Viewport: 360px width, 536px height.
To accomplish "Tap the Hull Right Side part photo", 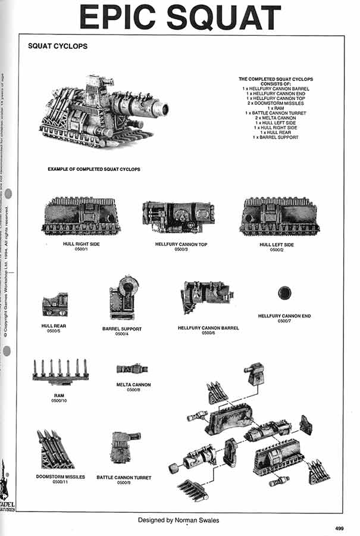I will coord(81,217).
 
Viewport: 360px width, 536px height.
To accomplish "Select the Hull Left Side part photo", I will coord(278,217).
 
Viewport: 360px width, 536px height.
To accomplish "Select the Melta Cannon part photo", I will coord(132,369).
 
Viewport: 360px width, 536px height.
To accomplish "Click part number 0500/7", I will coord(284,322).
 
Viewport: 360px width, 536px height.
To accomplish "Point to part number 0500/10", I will coord(60,401).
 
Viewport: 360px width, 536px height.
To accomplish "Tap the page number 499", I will coord(339,528).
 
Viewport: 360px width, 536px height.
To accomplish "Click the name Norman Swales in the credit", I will coord(196,520).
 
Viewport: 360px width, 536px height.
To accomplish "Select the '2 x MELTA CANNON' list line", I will coord(276,117).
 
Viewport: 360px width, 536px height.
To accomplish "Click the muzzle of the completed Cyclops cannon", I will coord(161,109).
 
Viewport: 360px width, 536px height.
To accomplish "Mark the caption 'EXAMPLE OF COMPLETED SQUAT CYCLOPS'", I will coord(94,169).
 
